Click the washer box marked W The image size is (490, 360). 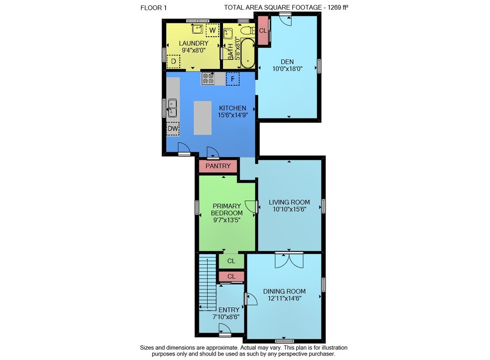point(212,30)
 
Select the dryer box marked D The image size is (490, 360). point(173,61)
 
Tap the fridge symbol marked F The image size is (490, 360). point(232,79)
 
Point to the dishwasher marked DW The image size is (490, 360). point(172,128)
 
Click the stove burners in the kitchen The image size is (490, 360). point(208,78)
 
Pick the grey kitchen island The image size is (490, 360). point(202,118)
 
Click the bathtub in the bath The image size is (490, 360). point(247,53)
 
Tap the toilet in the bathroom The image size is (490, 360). point(248,30)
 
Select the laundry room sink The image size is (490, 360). point(197,29)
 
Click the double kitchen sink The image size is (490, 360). point(172,108)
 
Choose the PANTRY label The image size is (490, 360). point(218,166)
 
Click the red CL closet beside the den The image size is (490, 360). point(263,30)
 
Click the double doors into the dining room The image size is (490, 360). point(289,261)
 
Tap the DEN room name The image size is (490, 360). point(287,62)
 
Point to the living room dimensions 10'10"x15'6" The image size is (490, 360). point(290,209)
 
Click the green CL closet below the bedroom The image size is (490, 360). point(231,261)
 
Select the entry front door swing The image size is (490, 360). point(225,329)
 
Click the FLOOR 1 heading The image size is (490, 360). point(153,8)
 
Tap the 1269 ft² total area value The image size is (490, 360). point(338,7)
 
